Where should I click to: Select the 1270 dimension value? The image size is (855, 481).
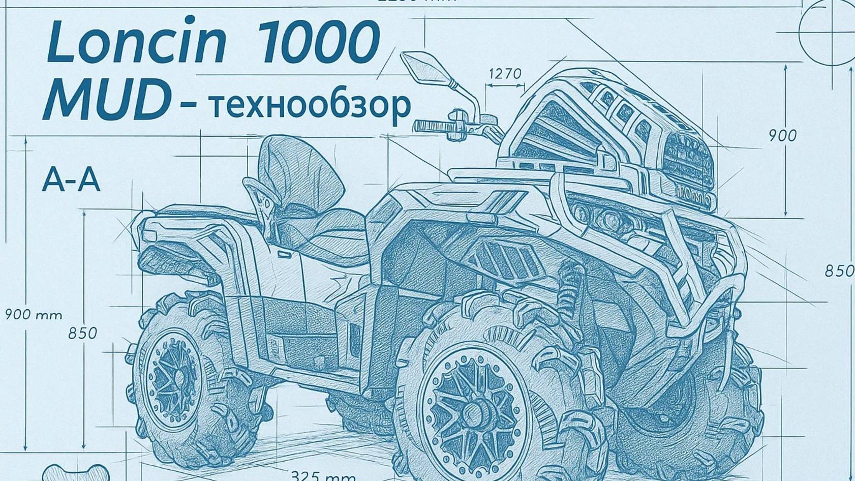[x=505, y=74]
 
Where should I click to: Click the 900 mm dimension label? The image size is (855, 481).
[x=34, y=315]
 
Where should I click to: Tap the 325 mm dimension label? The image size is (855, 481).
[x=323, y=476]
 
